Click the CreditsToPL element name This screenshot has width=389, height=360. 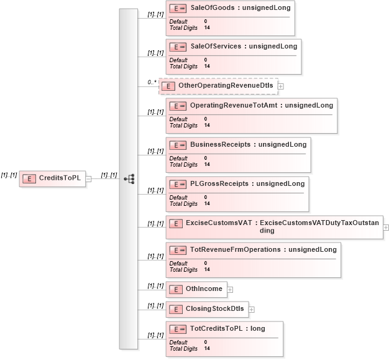point(60,178)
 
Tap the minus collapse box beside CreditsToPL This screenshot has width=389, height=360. point(88,178)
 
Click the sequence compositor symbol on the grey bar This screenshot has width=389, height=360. point(129,179)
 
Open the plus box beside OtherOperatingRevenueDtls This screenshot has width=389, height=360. point(281,86)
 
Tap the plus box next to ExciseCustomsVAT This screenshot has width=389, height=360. point(386,227)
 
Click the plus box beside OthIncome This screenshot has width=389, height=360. point(230,289)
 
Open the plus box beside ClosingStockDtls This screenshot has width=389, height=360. point(252,309)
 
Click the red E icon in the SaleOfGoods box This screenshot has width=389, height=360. point(178,8)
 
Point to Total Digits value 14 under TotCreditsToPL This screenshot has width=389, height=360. point(207,349)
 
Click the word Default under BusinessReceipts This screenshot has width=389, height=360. point(178,158)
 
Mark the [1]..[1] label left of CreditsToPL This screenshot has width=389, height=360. point(9,175)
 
